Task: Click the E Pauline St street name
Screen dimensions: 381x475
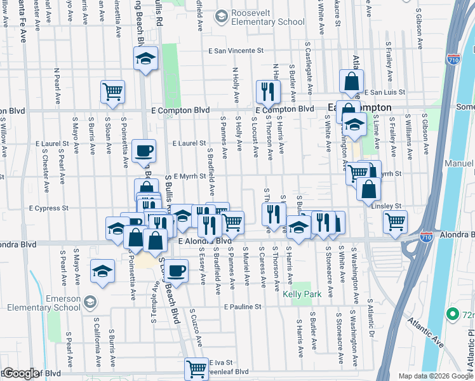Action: click(x=243, y=307)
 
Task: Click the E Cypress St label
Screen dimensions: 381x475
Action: click(x=48, y=208)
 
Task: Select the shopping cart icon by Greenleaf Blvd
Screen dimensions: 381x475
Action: click(x=197, y=368)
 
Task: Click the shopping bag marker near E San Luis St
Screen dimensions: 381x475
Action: click(x=351, y=81)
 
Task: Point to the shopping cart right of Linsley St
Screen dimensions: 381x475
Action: click(x=396, y=222)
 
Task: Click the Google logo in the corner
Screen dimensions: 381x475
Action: click(x=22, y=373)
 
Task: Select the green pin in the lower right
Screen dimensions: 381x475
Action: click(x=453, y=314)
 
